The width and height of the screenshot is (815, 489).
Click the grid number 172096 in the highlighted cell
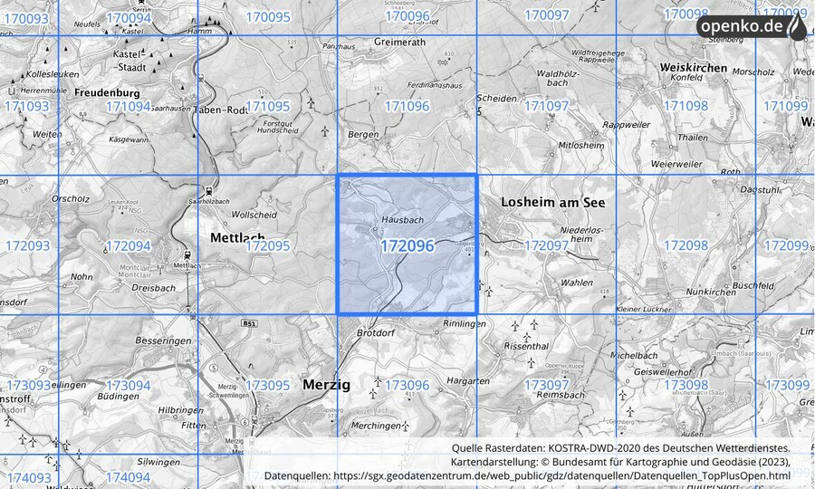pyautogui.click(x=407, y=245)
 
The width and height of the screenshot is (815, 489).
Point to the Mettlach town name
pyautogui.click(x=236, y=237)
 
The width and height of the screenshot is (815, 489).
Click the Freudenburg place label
pyautogui.click(x=107, y=92)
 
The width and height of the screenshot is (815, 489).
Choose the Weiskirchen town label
pyautogui.click(x=695, y=68)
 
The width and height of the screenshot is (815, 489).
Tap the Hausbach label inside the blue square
pyautogui.click(x=403, y=220)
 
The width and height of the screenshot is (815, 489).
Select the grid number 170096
pyautogui.click(x=407, y=16)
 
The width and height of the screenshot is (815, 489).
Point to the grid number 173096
pyautogui.click(x=407, y=385)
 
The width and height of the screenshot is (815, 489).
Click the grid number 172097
pyautogui.click(x=546, y=245)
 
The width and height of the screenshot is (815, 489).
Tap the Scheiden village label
pyautogui.click(x=496, y=99)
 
